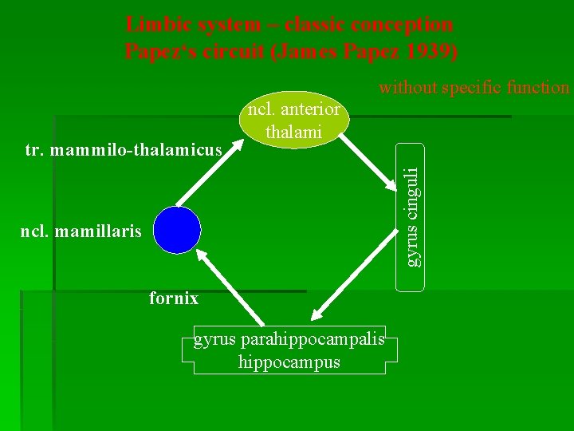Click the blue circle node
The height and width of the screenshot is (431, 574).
[177, 229]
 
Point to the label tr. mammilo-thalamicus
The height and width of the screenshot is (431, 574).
[123, 149]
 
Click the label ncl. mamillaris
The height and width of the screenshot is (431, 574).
[81, 232]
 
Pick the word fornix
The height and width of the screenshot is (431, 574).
[174, 299]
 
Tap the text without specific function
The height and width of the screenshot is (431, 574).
[474, 87]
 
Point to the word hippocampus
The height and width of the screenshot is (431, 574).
[289, 362]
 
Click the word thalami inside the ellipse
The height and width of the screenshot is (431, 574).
[293, 132]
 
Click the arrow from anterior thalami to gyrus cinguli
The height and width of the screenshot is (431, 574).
[371, 158]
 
